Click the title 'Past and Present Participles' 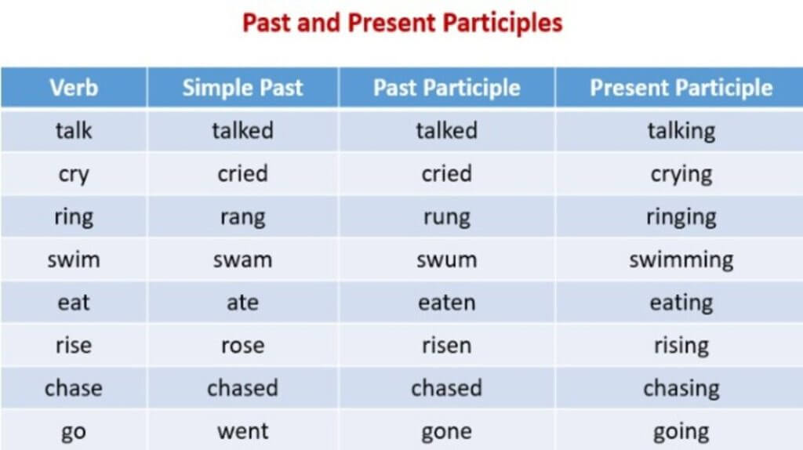click(x=402, y=23)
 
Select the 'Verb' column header click(x=74, y=88)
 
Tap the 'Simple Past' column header click(x=243, y=88)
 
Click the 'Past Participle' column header click(x=446, y=88)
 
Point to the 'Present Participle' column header click(x=681, y=88)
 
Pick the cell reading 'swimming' click(x=681, y=260)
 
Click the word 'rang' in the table click(x=243, y=217)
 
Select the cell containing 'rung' click(x=446, y=217)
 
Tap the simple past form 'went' click(x=243, y=431)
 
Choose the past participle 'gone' click(x=446, y=432)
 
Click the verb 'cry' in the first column click(x=74, y=175)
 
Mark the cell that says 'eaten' click(x=446, y=303)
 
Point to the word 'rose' click(x=243, y=346)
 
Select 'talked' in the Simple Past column click(x=243, y=131)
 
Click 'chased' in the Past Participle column click(x=446, y=388)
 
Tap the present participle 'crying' click(x=681, y=175)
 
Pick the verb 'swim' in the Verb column click(x=74, y=259)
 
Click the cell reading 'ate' click(x=243, y=303)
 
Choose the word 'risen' click(x=446, y=346)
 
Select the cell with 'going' click(x=681, y=432)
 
